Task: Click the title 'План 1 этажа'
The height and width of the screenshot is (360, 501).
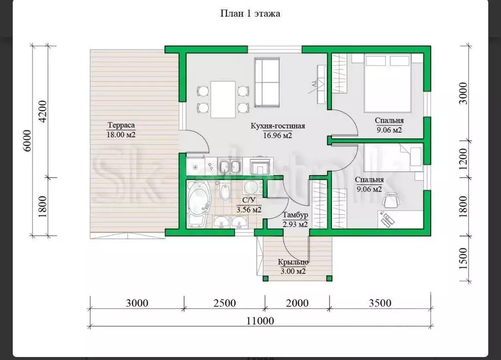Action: [x=250, y=13]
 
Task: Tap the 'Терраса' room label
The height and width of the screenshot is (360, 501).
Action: [x=121, y=125]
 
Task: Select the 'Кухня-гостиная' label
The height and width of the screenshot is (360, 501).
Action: [x=278, y=126]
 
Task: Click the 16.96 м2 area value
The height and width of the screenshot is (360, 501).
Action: [x=278, y=136]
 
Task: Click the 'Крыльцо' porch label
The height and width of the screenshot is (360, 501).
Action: [x=293, y=262]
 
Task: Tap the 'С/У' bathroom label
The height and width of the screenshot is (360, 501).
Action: [x=249, y=200]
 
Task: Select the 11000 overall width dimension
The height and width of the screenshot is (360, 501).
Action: [x=260, y=320]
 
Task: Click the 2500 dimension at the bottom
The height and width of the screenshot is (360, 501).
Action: [x=225, y=303]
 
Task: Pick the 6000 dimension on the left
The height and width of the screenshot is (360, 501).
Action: [x=27, y=141]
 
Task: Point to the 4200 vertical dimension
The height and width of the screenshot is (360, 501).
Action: [x=42, y=111]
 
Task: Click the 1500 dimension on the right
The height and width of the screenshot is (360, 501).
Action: [x=463, y=258]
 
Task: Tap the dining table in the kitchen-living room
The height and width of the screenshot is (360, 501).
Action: [x=223, y=99]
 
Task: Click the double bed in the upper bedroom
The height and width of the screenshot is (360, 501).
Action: [x=387, y=83]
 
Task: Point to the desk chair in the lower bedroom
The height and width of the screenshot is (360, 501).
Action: [x=391, y=201]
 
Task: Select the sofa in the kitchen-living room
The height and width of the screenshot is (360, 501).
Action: [x=267, y=83]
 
